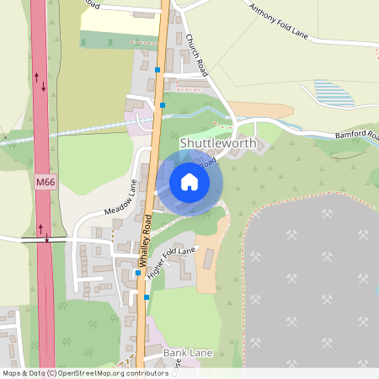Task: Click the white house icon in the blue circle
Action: coord(189,182)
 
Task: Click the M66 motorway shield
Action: coord(45,182)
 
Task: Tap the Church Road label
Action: coord(195,54)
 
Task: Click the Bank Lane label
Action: coord(188,352)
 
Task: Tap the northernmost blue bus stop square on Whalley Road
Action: coord(157,69)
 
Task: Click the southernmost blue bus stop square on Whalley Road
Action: coord(147,296)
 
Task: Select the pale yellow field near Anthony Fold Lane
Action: coord(118,23)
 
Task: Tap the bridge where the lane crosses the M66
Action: coord(47,239)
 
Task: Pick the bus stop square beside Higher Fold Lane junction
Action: coord(139,273)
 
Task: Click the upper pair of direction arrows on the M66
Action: coord(40,81)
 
